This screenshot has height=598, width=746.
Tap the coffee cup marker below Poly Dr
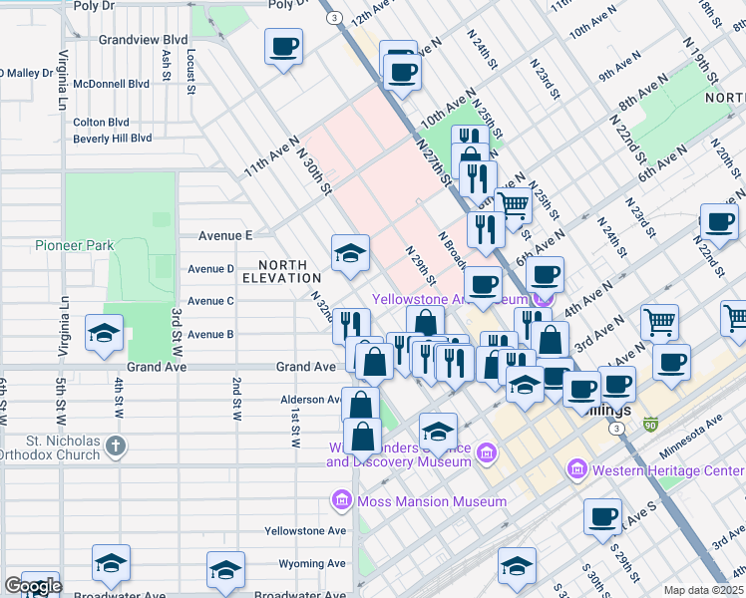coord(284,46)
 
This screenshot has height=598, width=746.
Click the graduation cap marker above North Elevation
coord(351,254)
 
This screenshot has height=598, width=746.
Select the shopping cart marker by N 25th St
coord(514,206)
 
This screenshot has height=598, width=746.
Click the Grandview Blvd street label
coord(144,40)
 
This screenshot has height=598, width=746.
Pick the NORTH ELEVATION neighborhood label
coord(289,271)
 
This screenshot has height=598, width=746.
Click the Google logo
coord(32,586)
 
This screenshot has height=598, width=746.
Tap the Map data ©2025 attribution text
coord(703,590)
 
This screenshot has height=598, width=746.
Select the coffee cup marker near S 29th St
coord(602,517)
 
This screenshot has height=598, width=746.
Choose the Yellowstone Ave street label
coord(313,530)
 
